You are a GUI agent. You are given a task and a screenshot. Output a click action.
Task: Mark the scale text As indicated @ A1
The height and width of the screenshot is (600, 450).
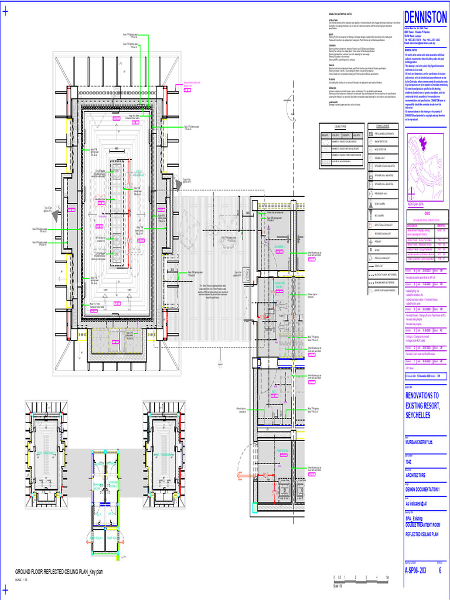click(420, 503)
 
